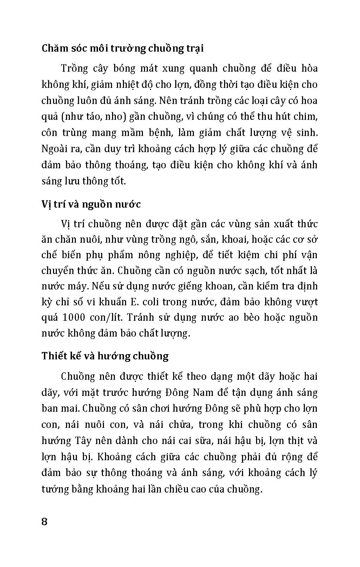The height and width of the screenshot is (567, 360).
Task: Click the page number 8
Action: pos(45,521)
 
